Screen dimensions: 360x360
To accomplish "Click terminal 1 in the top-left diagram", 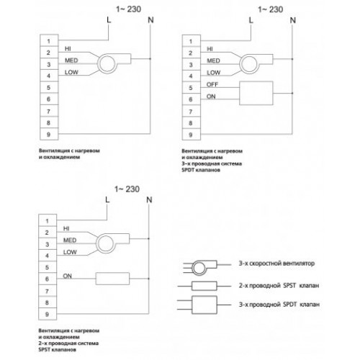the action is (x=49, y=41).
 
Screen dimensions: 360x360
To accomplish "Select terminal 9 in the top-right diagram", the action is (x=191, y=135).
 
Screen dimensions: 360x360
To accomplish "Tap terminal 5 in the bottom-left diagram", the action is (x=48, y=267).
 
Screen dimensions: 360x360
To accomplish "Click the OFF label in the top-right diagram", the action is (x=212, y=84).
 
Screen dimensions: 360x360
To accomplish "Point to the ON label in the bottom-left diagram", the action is (x=67, y=276).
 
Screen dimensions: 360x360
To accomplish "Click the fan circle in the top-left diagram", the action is (x=107, y=63).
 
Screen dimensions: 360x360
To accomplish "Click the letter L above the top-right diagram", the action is (x=251, y=20).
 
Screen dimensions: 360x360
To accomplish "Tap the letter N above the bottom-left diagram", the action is (x=149, y=199).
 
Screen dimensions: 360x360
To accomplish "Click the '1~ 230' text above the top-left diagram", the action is (x=128, y=9).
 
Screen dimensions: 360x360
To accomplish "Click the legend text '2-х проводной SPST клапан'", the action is (x=279, y=286).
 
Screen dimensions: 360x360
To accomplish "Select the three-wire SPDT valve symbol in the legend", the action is (x=204, y=305).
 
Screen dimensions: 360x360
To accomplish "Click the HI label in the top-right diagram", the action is (x=210, y=49).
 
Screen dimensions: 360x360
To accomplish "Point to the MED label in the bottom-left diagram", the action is (x=70, y=240).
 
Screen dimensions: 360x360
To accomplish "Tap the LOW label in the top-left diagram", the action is (x=71, y=72).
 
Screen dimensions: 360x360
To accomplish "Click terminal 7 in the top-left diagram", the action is (x=49, y=111).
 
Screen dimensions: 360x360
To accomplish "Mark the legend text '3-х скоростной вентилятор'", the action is (x=276, y=264).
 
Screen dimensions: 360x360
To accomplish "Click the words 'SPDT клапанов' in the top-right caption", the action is (x=201, y=170).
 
